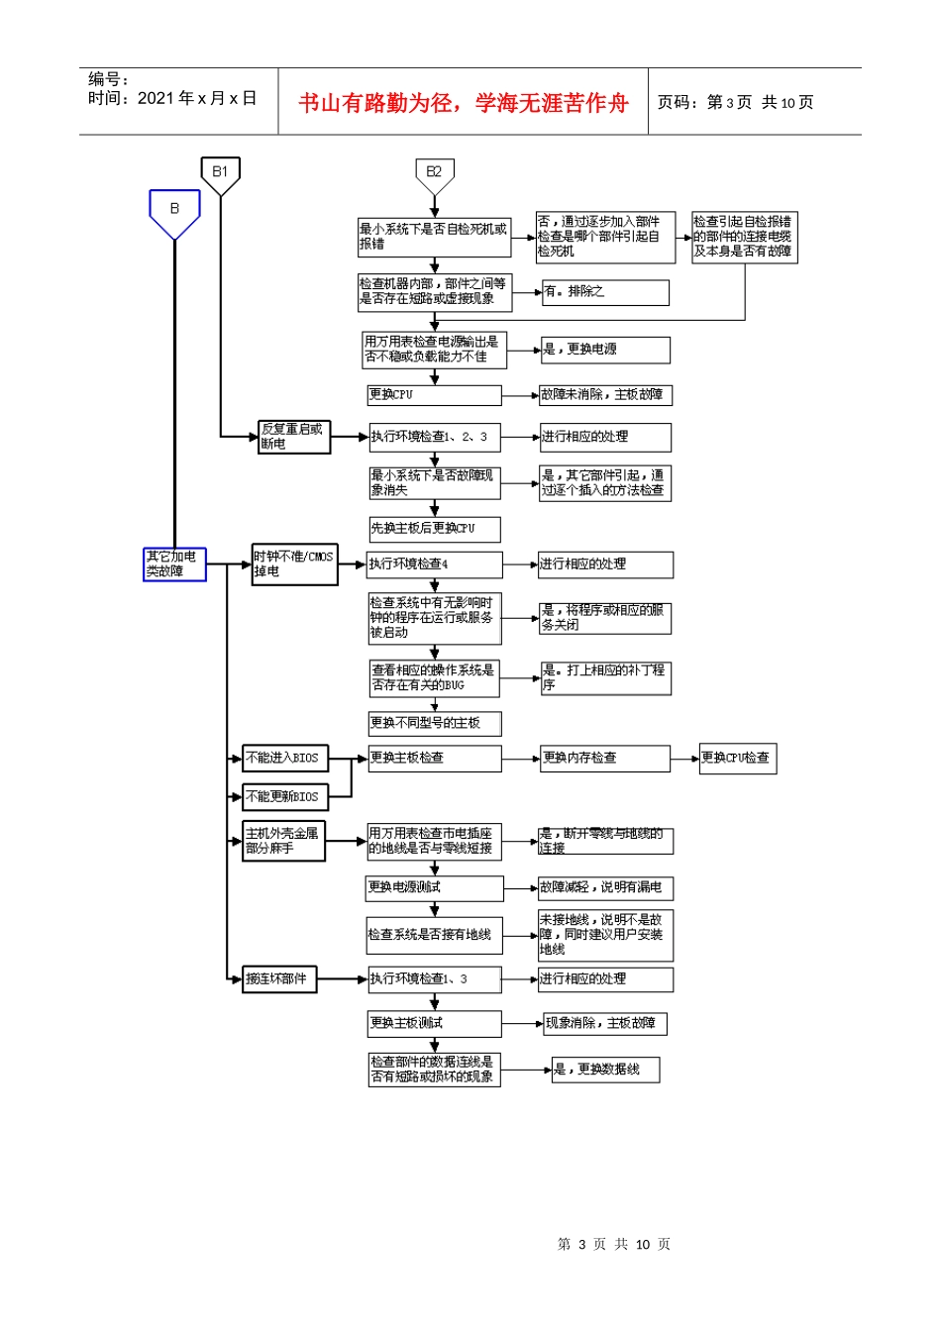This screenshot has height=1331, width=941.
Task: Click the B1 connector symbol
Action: [220, 174]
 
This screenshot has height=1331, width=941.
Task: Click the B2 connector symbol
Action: [434, 174]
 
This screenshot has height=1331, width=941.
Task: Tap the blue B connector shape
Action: [174, 211]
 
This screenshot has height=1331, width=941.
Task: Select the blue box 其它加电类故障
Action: [174, 564]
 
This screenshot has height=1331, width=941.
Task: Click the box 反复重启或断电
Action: [294, 437]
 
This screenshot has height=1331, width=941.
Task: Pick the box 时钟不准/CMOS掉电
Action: [294, 564]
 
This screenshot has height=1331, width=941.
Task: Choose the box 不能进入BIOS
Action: [285, 759]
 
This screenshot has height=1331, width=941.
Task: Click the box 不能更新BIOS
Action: [285, 797]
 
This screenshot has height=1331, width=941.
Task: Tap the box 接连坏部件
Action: [280, 979]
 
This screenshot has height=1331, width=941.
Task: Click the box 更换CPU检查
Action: [737, 759]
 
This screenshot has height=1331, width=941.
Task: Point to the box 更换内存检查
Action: [604, 759]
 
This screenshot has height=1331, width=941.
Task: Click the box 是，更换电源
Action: [604, 350]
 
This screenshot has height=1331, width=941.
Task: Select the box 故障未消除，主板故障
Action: [604, 395]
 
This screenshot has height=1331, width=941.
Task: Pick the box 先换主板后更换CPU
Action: [434, 529]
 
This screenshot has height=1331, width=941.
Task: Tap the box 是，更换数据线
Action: [604, 1070]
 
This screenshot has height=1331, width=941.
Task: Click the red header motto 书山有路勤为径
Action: [464, 103]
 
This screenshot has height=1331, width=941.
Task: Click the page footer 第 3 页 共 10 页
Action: [614, 1245]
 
